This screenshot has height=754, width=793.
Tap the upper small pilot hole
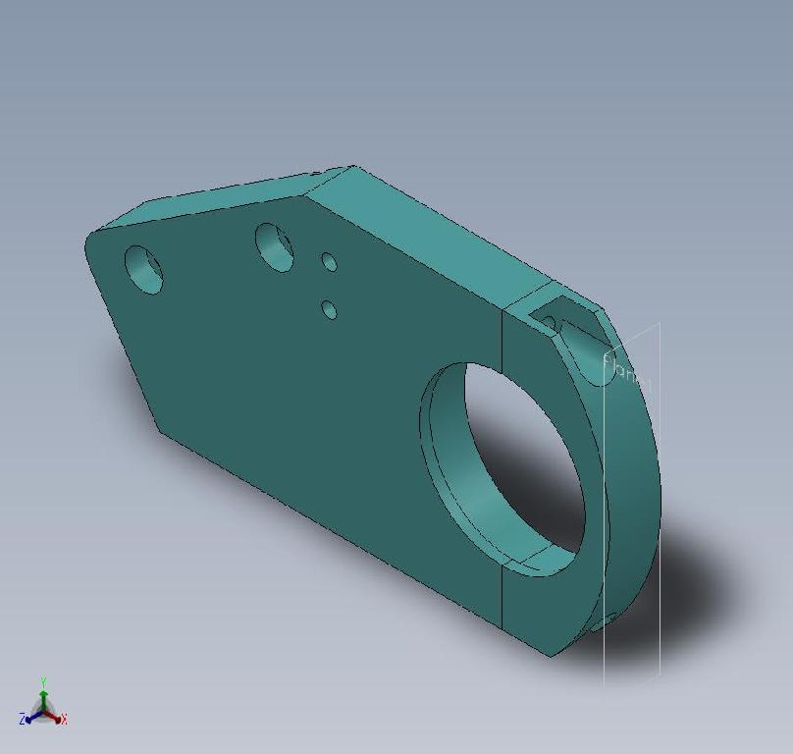pos(329,262)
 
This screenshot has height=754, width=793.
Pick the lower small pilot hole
pos(329,310)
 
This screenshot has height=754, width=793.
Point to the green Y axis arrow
pos(44,696)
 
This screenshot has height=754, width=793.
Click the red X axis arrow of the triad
pos(55,717)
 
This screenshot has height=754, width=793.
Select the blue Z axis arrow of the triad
pos(32,717)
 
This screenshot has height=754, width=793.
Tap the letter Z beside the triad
pos(22,720)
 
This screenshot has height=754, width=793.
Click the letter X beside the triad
pos(64,720)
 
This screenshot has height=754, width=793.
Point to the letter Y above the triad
pos(44,680)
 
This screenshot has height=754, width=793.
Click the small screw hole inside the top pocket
pos(549,322)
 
